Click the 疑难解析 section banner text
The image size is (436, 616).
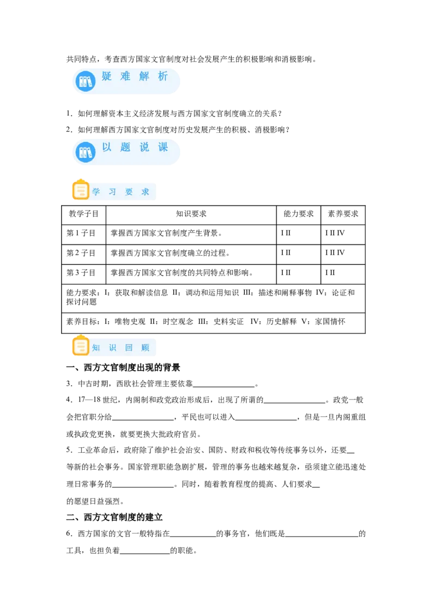pos(135,76)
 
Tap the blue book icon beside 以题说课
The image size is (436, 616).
pos(86,152)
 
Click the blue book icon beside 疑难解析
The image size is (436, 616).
pos(86,81)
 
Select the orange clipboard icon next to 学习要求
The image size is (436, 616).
pos(81,190)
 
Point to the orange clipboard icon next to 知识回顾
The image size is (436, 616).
pos(81,346)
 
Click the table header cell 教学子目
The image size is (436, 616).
pos(83,214)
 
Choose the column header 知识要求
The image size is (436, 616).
pos(191,214)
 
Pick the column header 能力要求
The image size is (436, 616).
pos(299,214)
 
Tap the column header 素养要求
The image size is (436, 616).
pos(343,214)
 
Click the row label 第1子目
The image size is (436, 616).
pos(81,233)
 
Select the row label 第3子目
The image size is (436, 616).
pos(81,273)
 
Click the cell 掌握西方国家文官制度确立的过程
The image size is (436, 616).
pos(170,253)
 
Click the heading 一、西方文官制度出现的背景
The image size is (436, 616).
pos(123,368)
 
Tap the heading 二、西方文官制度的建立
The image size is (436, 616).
pos(114,517)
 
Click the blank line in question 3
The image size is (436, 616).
pos(224,387)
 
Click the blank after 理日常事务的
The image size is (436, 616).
pos(143,487)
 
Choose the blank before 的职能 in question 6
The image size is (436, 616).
pos(145,553)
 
